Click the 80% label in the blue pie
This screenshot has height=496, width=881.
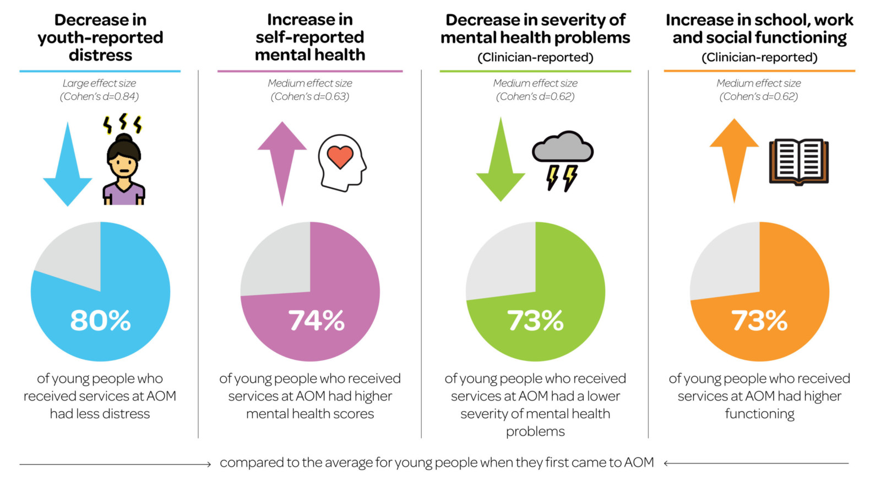(100, 320)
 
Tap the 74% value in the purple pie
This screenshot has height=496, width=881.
(316, 320)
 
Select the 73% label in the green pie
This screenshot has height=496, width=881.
(535, 320)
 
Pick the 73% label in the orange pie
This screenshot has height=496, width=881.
(759, 320)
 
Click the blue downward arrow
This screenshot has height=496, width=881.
(68, 165)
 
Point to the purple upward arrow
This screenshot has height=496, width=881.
(282, 160)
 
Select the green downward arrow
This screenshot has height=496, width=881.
(501, 163)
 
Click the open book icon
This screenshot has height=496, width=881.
(798, 161)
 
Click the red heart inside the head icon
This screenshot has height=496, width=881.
(340, 157)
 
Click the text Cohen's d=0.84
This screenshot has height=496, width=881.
(100, 96)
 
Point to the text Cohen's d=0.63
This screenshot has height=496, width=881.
(310, 96)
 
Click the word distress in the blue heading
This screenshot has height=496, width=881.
(100, 55)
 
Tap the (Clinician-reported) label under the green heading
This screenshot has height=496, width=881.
(535, 57)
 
